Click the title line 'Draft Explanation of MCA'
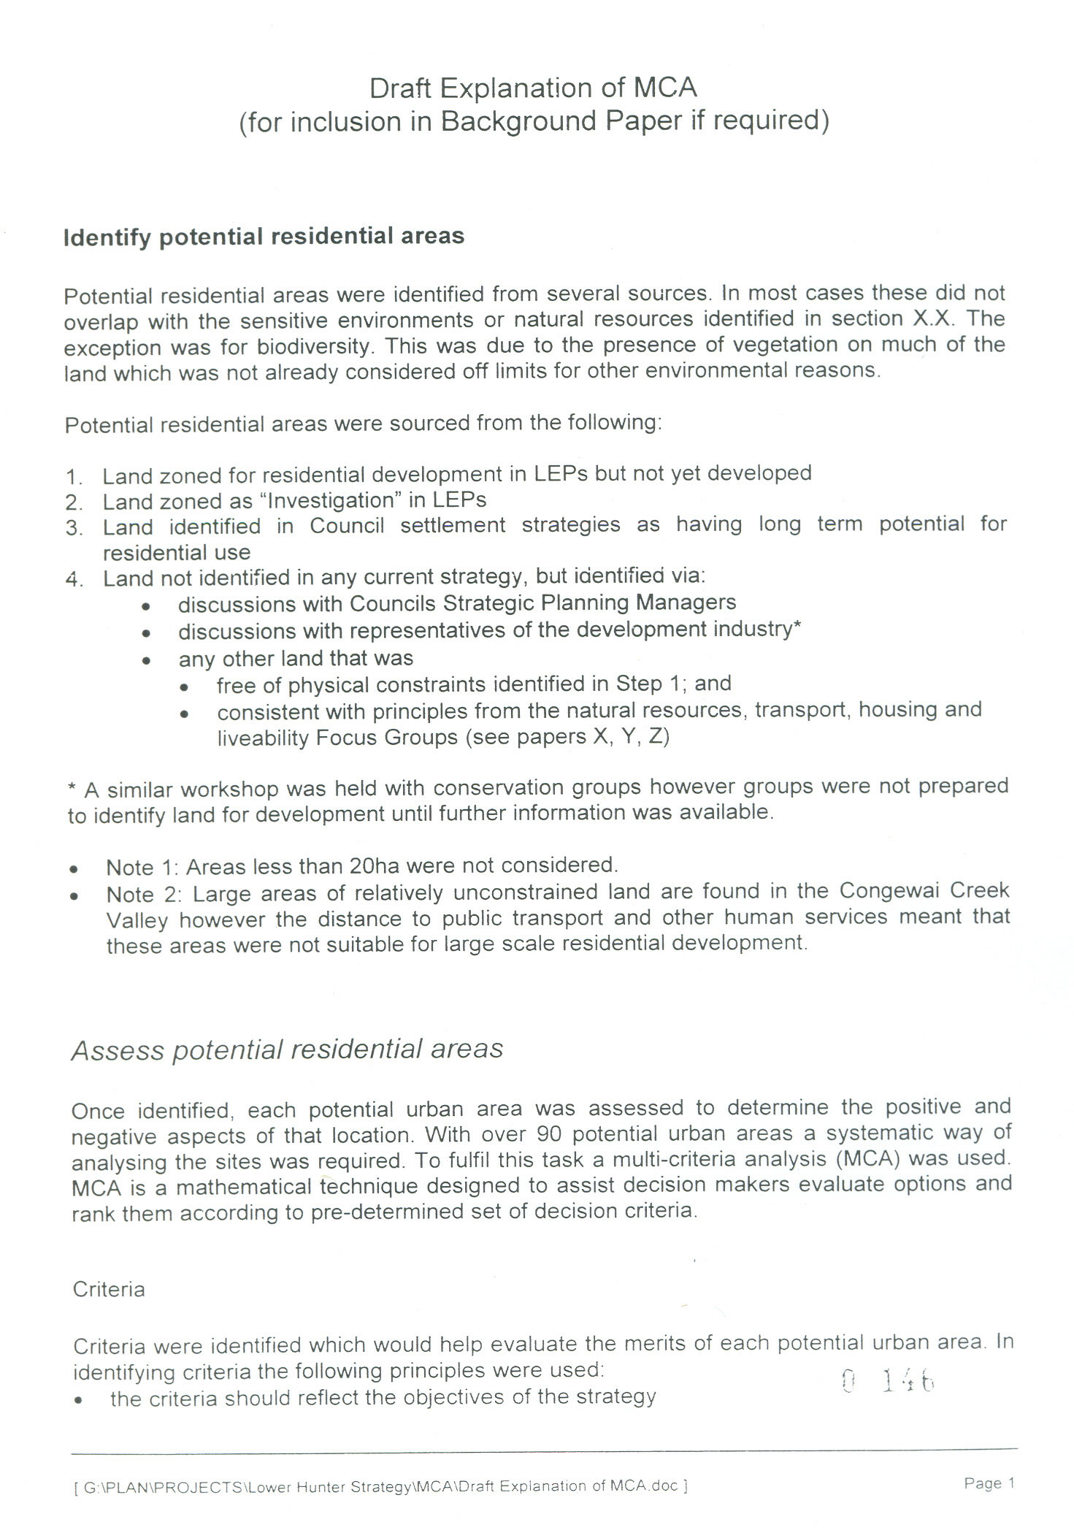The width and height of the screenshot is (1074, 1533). coord(533,88)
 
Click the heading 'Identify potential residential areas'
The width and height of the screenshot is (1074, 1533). coord(264,237)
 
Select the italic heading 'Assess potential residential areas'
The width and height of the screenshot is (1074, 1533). coord(287,1050)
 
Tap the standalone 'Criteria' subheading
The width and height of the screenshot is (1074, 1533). coord(109,1289)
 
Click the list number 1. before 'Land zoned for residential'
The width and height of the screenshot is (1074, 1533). coord(74,478)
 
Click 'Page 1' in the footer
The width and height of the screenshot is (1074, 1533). coord(989,1483)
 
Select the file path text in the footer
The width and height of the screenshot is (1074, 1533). coord(380,1486)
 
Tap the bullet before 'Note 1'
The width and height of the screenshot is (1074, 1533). coord(73,870)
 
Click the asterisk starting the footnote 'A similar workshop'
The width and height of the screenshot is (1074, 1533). coord(71,790)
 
